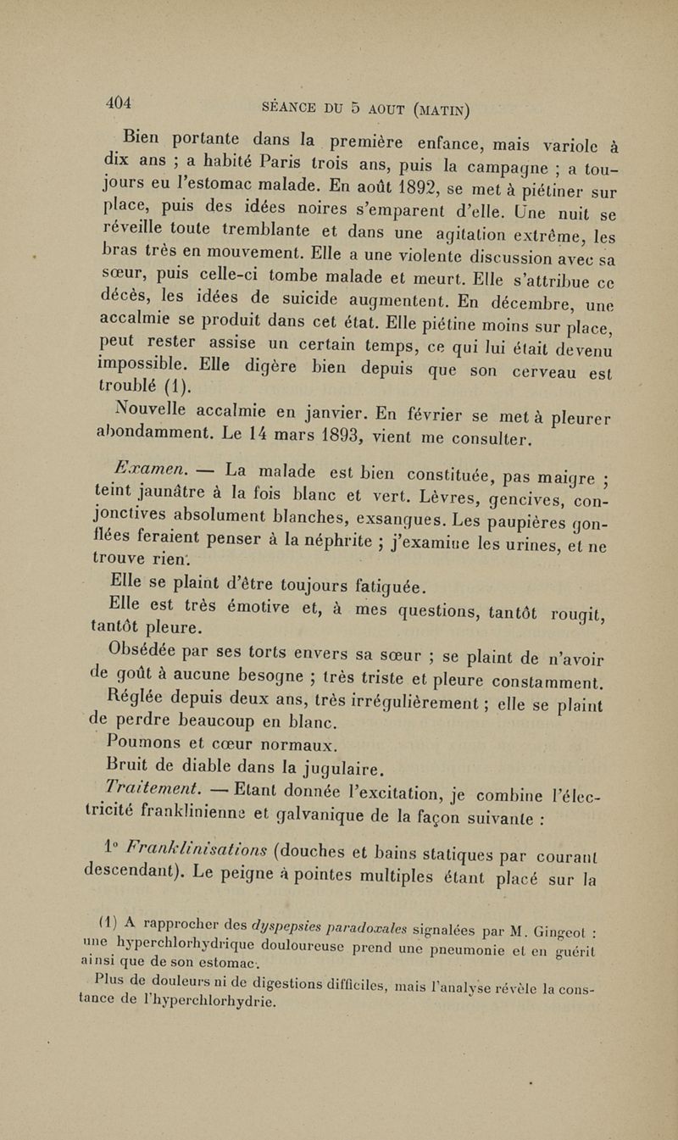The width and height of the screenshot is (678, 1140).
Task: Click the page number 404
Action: tap(119, 103)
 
